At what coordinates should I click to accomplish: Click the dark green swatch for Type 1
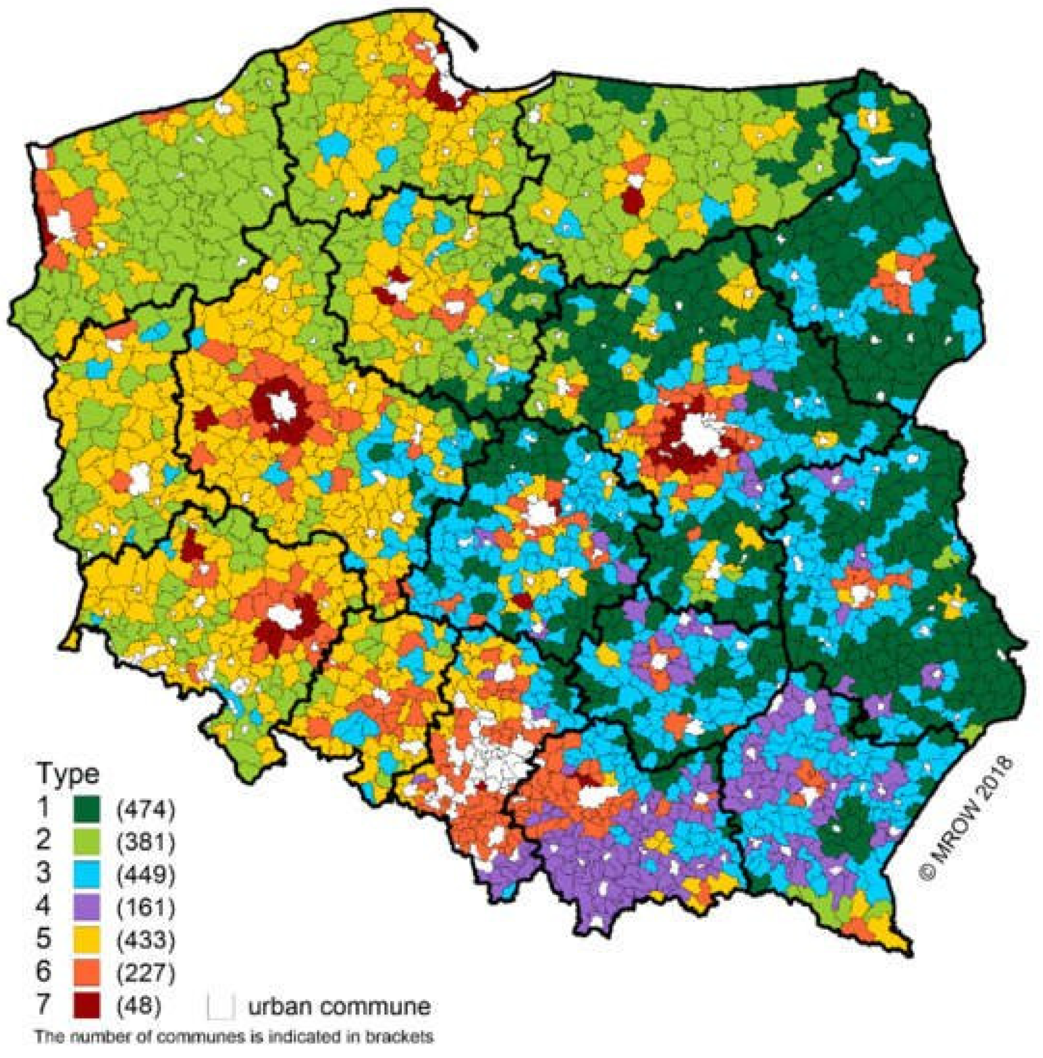[x=86, y=809]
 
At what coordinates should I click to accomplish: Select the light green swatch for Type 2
[x=86, y=841]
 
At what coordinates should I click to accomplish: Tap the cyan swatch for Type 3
[x=86, y=874]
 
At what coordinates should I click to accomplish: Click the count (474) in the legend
[x=146, y=809]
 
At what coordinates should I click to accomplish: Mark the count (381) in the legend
[x=146, y=841]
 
